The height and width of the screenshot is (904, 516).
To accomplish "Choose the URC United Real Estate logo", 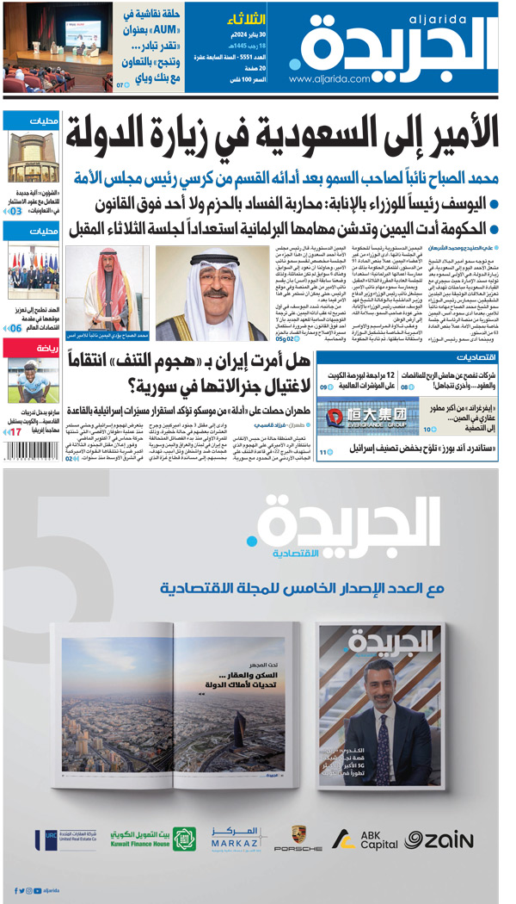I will [x=62, y=839].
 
